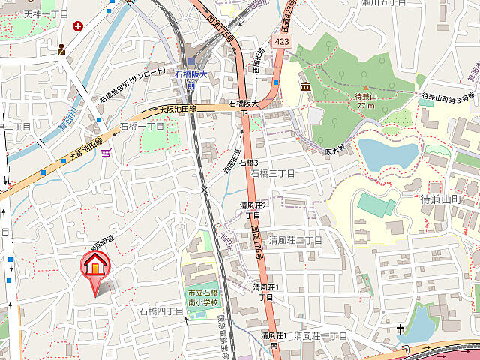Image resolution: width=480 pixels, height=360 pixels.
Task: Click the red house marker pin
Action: (x=95, y=266)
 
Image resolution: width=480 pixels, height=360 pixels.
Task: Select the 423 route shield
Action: (x=282, y=42)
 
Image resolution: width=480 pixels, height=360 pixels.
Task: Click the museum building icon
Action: (x=306, y=88)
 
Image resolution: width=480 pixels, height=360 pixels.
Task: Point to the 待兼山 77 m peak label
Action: (x=365, y=100)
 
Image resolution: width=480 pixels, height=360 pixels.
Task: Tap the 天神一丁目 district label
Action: (x=45, y=13)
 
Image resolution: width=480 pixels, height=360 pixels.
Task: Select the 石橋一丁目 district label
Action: (x=142, y=127)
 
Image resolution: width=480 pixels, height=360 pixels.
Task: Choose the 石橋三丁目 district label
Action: (x=273, y=173)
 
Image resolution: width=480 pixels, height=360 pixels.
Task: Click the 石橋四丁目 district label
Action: (x=161, y=310)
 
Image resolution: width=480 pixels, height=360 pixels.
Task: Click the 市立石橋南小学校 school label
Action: (x=202, y=297)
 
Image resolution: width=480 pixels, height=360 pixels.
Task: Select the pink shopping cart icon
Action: (x=109, y=153)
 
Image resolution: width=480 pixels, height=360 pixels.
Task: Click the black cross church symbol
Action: (x=400, y=328)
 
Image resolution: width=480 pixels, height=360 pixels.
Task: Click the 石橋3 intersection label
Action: (x=248, y=163)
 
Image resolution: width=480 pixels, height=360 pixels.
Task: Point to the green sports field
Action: (x=376, y=205)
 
